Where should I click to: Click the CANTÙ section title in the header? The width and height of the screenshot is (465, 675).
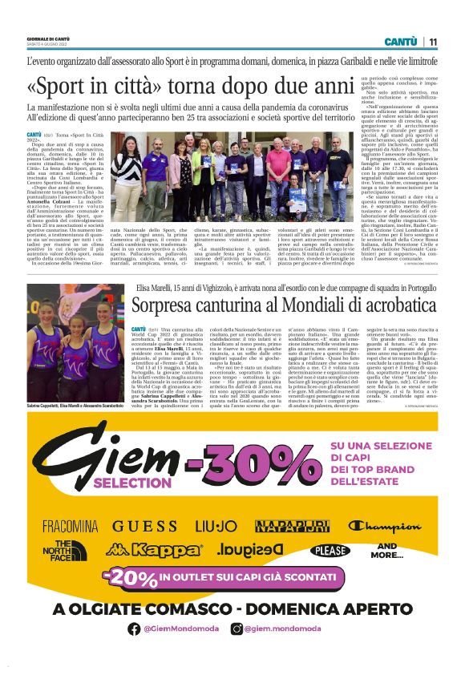pyautogui.click(x=399, y=41)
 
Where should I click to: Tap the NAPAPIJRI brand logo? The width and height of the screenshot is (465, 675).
pyautogui.click(x=292, y=526)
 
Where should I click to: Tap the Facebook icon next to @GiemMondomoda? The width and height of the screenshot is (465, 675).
pyautogui.click(x=134, y=629)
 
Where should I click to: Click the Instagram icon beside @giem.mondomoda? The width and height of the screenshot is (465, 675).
pyautogui.click(x=237, y=629)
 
